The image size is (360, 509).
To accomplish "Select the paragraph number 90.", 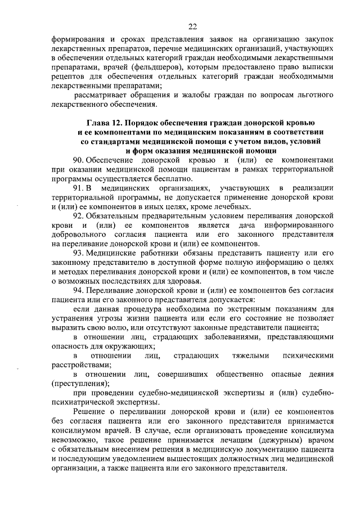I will coord(79,160).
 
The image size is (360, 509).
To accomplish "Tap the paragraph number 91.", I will coord(79,187).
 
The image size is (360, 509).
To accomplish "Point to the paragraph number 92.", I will coord(79,215).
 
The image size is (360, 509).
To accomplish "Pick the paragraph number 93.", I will coord(79,253).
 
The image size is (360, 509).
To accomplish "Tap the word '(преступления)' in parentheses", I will coord(80,383).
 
